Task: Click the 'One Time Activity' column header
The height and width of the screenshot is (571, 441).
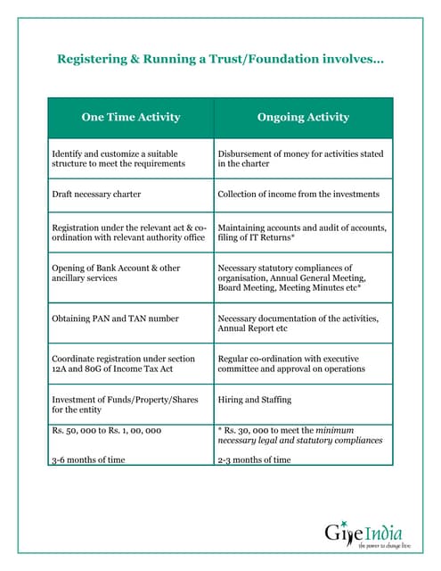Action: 131,117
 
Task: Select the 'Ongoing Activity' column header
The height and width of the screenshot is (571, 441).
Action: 303,117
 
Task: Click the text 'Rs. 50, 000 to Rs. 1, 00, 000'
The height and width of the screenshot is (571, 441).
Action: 106,430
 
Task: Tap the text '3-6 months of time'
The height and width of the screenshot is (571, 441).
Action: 88,459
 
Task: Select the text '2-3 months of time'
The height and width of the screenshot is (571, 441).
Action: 254,459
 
